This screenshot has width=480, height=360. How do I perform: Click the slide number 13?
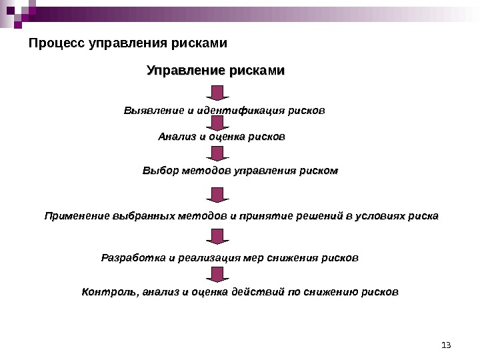[446, 345]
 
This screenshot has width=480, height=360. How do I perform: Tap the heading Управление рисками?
[215, 71]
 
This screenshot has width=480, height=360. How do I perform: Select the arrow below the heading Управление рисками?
[215, 93]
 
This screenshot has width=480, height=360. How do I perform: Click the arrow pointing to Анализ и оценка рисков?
[215, 123]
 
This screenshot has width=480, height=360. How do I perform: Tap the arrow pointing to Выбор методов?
[215, 154]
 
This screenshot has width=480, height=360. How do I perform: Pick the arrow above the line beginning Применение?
[215, 195]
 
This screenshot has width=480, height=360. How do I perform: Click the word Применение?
[77, 216]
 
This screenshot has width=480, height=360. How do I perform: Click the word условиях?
[381, 216]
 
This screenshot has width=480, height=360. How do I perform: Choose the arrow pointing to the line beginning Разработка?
[215, 236]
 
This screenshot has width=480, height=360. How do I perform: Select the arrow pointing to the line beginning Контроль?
[215, 274]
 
